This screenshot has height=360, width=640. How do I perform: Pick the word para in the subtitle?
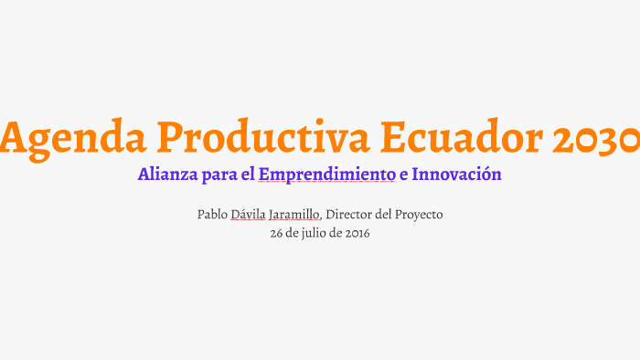click(219, 175)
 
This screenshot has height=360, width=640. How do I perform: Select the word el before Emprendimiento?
click(248, 174)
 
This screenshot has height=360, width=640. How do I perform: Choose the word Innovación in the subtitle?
click(457, 174)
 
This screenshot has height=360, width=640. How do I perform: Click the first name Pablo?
click(213, 215)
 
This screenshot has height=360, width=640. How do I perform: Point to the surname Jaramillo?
click(295, 215)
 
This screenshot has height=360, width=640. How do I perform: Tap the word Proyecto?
click(422, 215)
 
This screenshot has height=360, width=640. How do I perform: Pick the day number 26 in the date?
click(277, 233)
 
